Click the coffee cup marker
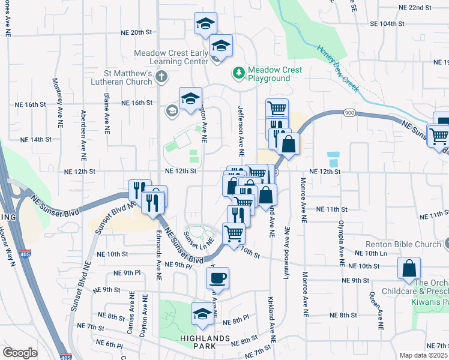217,278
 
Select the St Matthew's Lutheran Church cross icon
161,76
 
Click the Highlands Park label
205,338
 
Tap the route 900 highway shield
349,113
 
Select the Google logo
20,353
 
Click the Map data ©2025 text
423,355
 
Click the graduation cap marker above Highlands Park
202,314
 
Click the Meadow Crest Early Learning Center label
170,57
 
